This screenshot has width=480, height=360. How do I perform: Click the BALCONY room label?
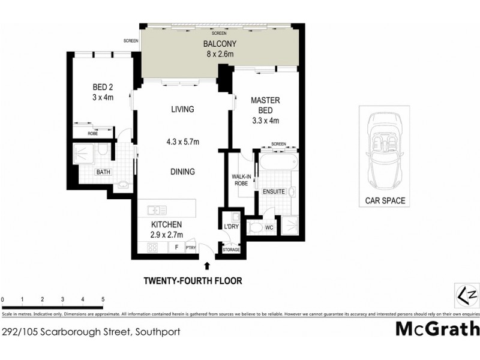pyautogui.click(x=218, y=44)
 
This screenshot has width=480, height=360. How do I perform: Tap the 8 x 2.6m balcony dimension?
pyautogui.click(x=218, y=55)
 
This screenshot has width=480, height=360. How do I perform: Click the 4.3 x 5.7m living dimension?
pyautogui.click(x=182, y=142)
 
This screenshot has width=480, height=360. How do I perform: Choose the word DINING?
pyautogui.click(x=182, y=172)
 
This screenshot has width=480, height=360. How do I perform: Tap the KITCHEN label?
pyautogui.click(x=166, y=224)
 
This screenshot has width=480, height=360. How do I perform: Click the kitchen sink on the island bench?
pyautogui.click(x=157, y=210)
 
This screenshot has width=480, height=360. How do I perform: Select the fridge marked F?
pyautogui.click(x=176, y=247)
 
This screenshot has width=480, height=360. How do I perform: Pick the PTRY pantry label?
pyautogui.click(x=191, y=247)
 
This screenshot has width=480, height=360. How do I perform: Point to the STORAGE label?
pyautogui.click(x=232, y=250)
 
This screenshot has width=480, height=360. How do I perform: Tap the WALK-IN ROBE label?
pyautogui.click(x=241, y=180)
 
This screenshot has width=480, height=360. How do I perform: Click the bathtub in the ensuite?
pyautogui.click(x=278, y=162)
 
